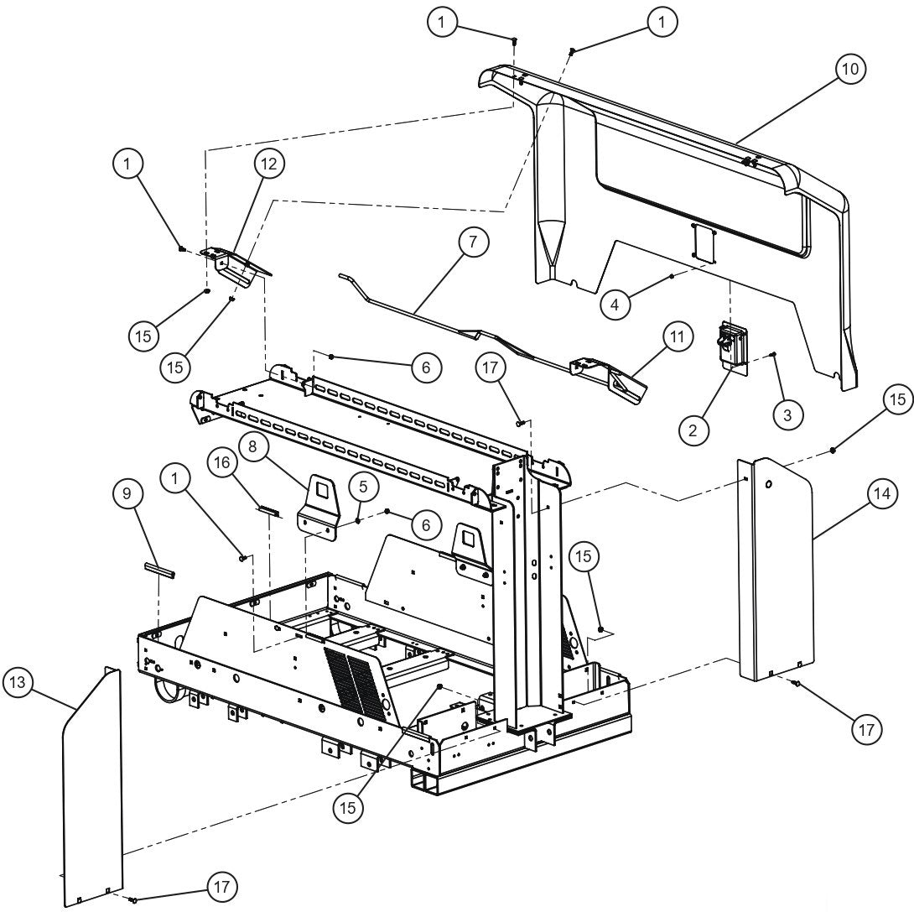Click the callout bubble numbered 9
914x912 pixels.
(x=127, y=494)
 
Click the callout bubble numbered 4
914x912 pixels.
(x=617, y=305)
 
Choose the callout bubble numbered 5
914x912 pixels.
(x=362, y=486)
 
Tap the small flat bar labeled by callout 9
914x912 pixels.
(x=159, y=570)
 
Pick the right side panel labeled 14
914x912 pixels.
(x=777, y=571)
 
